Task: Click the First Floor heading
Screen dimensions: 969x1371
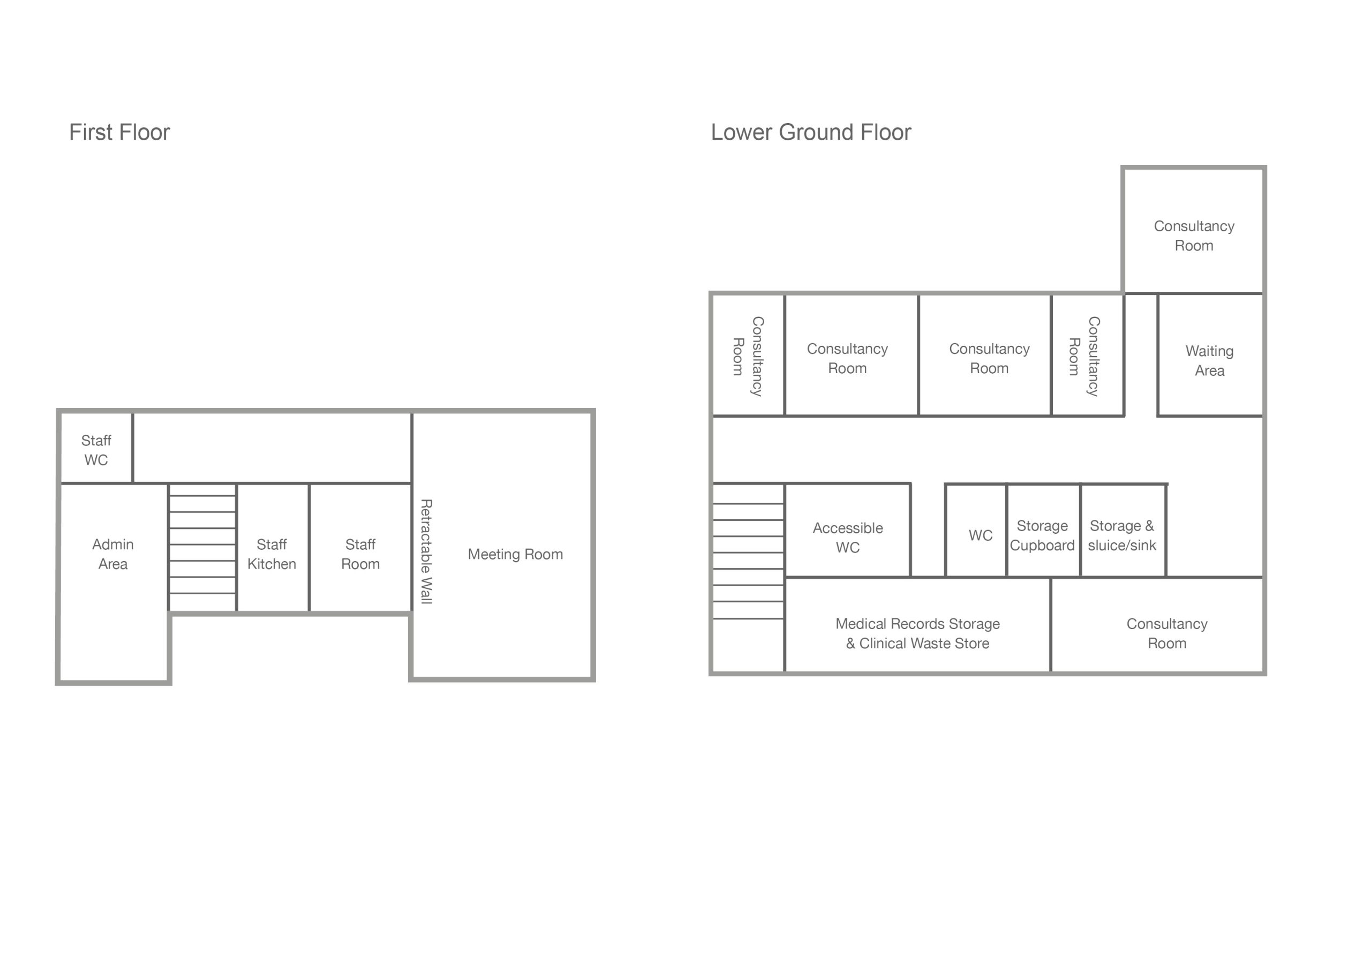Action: [119, 133]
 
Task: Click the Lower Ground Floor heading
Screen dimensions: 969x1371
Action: [810, 133]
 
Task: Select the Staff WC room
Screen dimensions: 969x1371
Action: [96, 450]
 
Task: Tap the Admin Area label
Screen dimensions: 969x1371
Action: [113, 554]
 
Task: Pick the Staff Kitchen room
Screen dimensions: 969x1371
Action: [272, 554]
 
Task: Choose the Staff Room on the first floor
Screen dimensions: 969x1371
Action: [360, 554]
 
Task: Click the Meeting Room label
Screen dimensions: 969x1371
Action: [515, 554]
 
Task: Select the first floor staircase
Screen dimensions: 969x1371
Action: [202, 546]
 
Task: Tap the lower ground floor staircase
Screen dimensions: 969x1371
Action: [748, 561]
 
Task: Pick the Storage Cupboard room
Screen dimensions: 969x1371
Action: [1042, 535]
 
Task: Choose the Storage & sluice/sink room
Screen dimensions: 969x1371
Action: [1121, 535]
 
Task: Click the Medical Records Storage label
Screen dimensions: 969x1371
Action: [917, 623]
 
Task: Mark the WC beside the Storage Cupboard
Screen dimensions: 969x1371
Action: [980, 535]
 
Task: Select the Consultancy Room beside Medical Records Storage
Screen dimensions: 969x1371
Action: [1166, 633]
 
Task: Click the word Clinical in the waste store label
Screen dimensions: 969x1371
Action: [883, 644]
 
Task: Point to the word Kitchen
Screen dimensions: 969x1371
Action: [272, 564]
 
